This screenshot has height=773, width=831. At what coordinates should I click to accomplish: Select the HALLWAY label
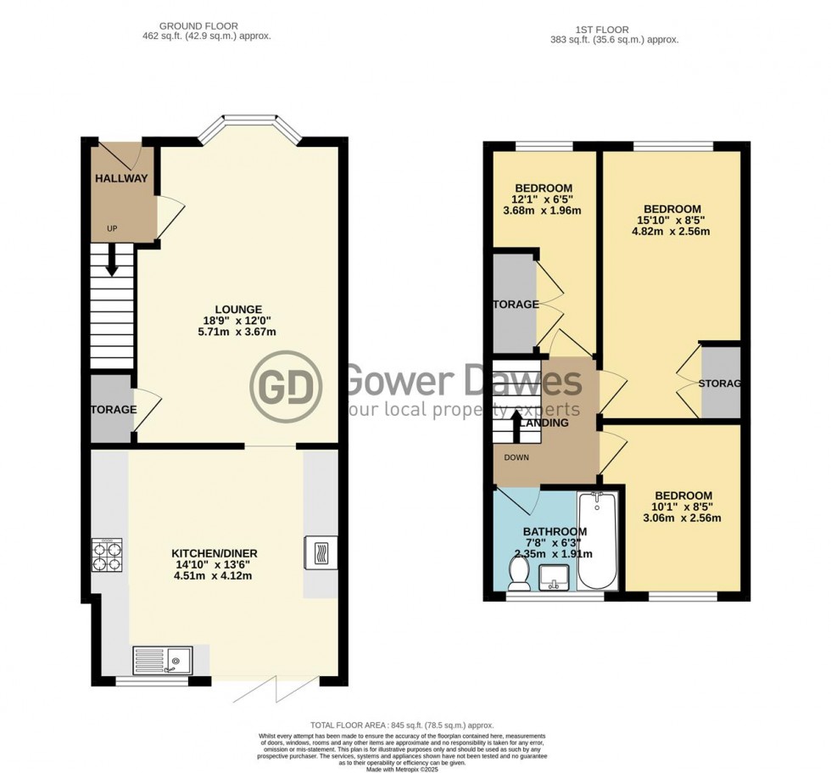121,179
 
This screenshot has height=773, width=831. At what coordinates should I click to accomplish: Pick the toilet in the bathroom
516,578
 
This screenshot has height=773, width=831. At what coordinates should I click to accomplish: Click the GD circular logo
287,387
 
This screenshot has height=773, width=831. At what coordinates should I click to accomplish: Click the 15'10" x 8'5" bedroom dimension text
672,223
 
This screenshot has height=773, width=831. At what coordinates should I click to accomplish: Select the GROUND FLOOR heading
203,26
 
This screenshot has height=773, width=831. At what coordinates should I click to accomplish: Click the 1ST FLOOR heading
615,28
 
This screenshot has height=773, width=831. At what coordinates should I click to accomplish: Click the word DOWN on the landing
516,457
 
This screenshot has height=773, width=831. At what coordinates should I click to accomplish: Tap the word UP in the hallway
112,228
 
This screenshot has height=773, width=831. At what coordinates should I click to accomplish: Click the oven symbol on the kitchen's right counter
320,553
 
